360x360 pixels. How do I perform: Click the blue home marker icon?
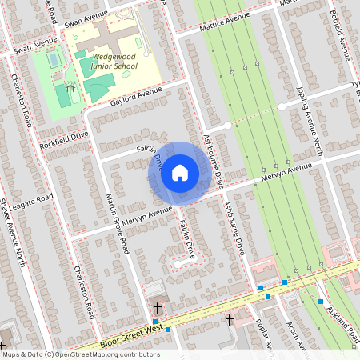[x=180, y=172]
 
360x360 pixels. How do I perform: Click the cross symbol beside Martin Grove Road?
[x=157, y=307]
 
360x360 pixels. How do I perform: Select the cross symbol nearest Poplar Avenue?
[x=230, y=319]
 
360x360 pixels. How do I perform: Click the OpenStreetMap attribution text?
[x=81, y=354]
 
